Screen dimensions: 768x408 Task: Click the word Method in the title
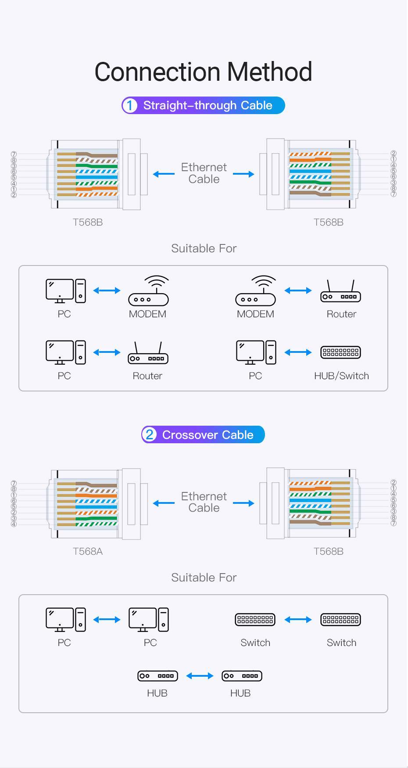click(269, 72)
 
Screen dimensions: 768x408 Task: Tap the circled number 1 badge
click(129, 106)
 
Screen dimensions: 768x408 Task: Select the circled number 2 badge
click(150, 435)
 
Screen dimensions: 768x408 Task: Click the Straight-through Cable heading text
click(208, 106)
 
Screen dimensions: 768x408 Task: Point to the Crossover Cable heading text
click(208, 435)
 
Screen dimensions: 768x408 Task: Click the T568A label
click(88, 551)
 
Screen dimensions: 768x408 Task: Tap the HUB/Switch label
click(341, 376)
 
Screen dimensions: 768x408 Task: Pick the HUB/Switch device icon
click(340, 352)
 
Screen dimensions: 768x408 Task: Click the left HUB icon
click(157, 676)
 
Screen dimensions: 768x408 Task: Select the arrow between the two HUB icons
click(200, 676)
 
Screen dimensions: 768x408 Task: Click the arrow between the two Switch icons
click(298, 620)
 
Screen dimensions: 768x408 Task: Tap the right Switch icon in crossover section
click(340, 620)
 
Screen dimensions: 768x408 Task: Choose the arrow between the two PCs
click(107, 620)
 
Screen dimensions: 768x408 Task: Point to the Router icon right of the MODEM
click(340, 292)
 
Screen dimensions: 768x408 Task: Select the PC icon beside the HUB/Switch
click(256, 352)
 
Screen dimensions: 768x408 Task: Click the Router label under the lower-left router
click(147, 376)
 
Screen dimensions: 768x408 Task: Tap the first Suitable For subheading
click(204, 248)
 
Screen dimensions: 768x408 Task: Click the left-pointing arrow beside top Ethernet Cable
click(164, 174)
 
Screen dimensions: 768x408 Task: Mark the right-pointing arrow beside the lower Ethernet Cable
click(243, 503)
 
